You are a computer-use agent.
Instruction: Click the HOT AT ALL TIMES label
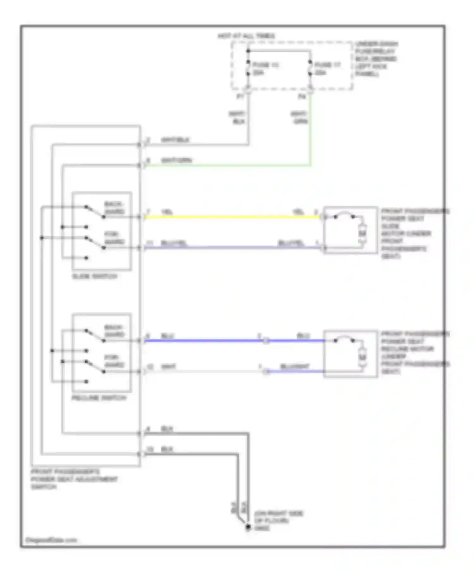pos(246,36)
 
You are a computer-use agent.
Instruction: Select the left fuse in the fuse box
pos(248,69)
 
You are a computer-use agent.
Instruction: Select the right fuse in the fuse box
pos(310,69)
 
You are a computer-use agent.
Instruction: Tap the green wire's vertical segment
pos(310,133)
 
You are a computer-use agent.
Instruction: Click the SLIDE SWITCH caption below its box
pos(94,276)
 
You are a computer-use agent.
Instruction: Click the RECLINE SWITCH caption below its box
pos(99,398)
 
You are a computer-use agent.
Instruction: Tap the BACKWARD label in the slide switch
pos(114,208)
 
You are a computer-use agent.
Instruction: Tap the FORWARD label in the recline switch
pos(114,361)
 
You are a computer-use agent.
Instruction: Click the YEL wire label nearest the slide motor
pos(298,212)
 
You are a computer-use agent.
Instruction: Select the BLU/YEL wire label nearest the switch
pos(174,243)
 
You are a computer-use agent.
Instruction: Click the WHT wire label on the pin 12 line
pos(168,367)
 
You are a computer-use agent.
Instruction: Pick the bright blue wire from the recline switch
pos(202,341)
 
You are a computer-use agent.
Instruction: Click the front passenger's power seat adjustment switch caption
pos(74,479)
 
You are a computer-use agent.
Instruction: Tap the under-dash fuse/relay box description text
pos(376,59)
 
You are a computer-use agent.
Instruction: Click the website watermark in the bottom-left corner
pos(51,540)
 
